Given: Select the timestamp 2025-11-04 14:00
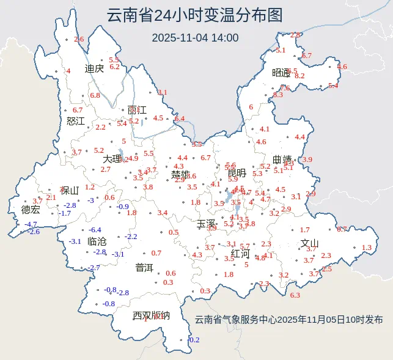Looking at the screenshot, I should tap(195, 38).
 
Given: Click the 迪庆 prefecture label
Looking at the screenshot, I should tap(95, 69).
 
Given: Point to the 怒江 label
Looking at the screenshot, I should tap(76, 121).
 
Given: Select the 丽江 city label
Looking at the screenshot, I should tap(137, 111).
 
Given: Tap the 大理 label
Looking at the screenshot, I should tap(112, 159).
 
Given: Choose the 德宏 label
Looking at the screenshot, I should tap(31, 210).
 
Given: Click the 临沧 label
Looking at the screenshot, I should tap(97, 241).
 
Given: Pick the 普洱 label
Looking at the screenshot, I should tap(144, 267).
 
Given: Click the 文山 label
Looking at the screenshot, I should tap(310, 243).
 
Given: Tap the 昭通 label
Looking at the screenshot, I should tap(281, 73).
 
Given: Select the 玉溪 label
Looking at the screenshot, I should tap(206, 224).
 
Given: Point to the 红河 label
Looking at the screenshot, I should tap(241, 253).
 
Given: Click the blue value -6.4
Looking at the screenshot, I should tap(95, 230).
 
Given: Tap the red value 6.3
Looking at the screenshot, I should tap(295, 295).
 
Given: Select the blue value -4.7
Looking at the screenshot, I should tap(31, 224).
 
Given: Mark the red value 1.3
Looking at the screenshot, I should tap(367, 248).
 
